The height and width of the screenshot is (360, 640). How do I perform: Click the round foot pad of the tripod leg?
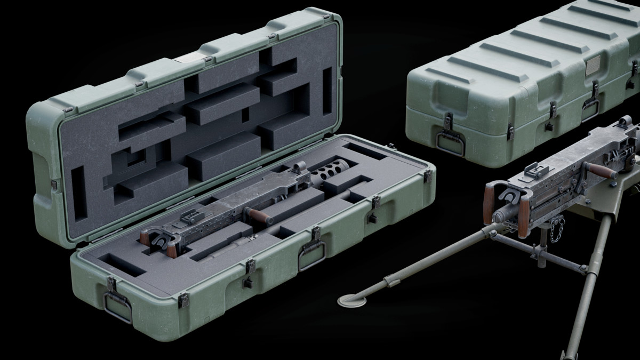pyautogui.click(x=353, y=301)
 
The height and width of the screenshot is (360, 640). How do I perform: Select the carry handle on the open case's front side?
pyautogui.click(x=311, y=254)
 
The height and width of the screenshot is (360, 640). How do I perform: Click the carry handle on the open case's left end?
pyautogui.click(x=118, y=306)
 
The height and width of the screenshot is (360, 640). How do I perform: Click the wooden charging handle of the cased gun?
pyautogui.click(x=259, y=215)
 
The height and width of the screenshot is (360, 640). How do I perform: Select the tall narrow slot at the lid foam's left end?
pyautogui.click(x=79, y=193)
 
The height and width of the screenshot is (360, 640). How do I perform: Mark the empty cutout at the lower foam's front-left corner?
pyautogui.click(x=122, y=265)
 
